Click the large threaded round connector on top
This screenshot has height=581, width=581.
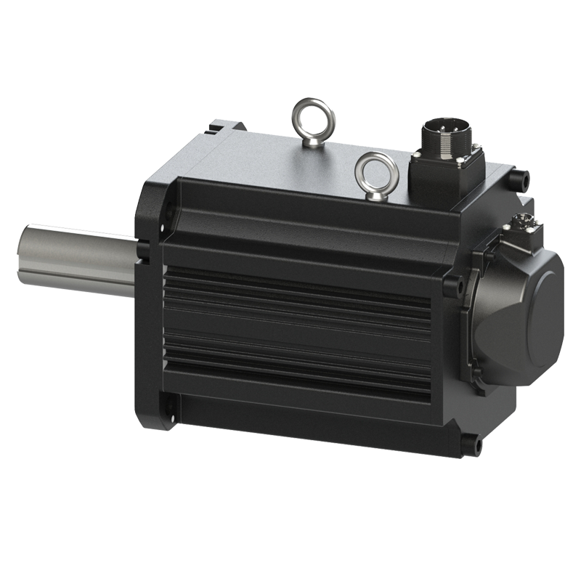point(441,138)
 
